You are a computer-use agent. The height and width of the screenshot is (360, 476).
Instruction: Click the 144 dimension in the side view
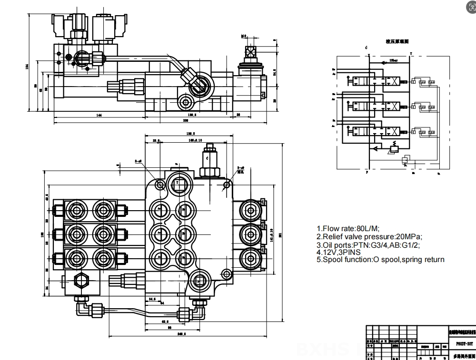[99, 116]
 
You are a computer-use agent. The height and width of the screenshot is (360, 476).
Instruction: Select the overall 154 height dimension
[27, 66]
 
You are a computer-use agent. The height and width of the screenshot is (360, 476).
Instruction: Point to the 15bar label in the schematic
[394, 60]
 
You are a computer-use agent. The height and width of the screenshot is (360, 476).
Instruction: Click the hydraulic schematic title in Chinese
[397, 42]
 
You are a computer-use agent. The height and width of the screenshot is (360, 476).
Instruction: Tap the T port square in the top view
[177, 182]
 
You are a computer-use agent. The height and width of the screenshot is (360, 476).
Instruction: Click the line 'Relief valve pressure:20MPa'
[369, 236]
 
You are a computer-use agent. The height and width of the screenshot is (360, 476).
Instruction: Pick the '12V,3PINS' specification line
[342, 252]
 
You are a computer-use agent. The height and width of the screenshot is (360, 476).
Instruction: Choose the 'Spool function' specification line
[380, 260]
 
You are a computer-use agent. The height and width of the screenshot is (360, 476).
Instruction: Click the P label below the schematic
[367, 173]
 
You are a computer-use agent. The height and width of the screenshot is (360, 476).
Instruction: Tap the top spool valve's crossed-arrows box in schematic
[394, 81]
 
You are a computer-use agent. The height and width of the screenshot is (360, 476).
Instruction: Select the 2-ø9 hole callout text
[139, 161]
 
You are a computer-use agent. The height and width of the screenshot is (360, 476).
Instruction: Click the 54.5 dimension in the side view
[275, 72]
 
